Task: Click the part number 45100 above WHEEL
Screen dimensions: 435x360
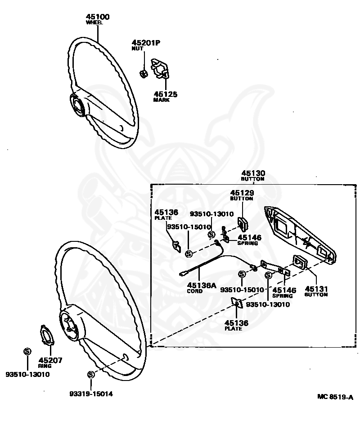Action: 98,17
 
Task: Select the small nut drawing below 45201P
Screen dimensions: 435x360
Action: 144,73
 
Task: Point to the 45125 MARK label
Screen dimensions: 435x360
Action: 165,95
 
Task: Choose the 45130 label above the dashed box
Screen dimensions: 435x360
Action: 253,173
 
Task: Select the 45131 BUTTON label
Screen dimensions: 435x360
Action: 316,289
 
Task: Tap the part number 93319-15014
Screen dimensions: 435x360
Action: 91,394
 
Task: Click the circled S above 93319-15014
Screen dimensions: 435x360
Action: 91,375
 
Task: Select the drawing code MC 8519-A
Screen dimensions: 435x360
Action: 335,397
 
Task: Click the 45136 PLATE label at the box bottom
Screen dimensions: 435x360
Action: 236,325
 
